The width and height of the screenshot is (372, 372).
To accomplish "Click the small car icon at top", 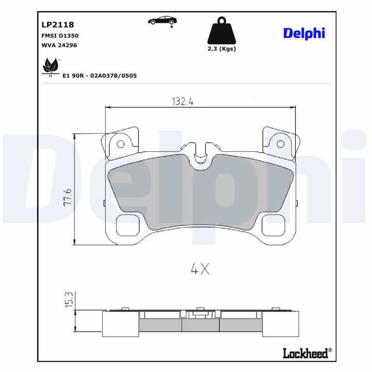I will point(163,20).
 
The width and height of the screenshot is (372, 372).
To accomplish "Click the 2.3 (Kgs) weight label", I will point(221,49).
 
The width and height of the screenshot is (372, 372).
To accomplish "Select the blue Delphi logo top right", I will point(304,33).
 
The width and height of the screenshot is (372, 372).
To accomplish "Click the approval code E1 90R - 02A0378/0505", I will point(99,75).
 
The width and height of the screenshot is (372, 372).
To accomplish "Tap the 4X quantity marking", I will point(200,268).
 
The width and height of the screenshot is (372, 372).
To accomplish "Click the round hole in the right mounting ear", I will point(280,144).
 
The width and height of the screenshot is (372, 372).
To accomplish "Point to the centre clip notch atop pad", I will point(200,153).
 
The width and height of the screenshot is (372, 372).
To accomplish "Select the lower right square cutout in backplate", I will point(272,225).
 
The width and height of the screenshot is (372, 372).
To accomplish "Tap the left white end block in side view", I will point(120,323).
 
